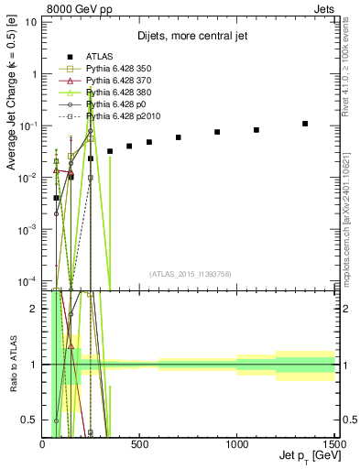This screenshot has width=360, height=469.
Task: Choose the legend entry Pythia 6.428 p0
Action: [116, 104]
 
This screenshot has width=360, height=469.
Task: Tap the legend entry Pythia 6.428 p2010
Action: [122, 116]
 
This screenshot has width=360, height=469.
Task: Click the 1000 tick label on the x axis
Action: [236, 443]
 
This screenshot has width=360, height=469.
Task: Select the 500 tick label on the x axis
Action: [139, 443]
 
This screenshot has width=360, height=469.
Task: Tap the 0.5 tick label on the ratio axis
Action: [31, 420]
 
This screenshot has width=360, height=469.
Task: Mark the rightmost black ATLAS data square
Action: [305, 124]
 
